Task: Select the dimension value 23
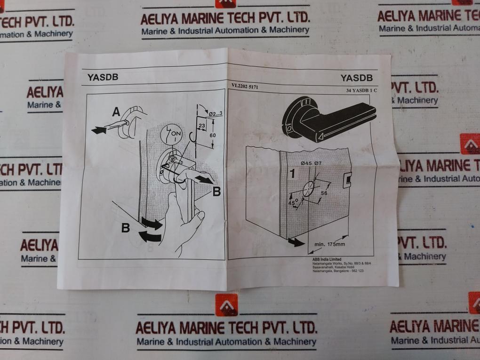point(201,126)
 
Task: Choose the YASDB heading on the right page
point(356,78)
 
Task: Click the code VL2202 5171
point(245,87)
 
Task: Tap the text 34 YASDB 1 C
point(361,90)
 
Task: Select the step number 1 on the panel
point(292,173)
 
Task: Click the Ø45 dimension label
point(307,163)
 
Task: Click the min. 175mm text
point(329,244)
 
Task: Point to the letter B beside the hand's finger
point(216,191)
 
